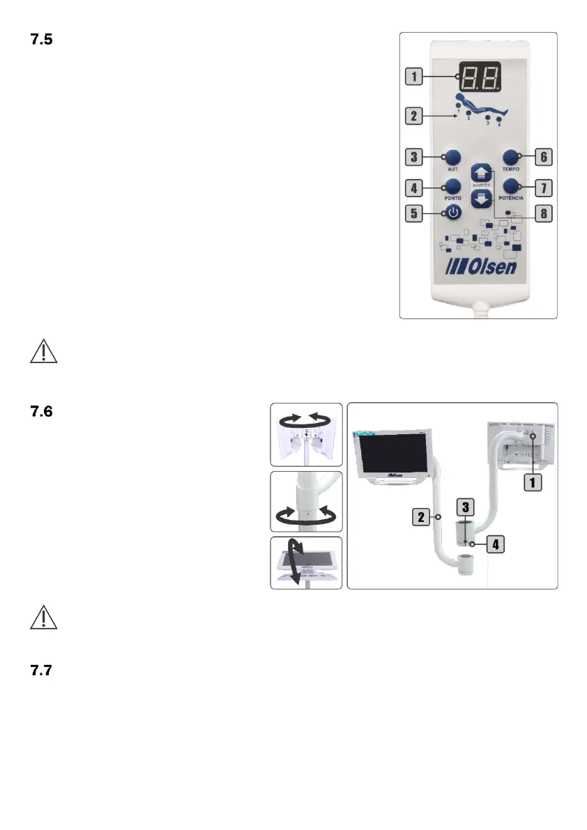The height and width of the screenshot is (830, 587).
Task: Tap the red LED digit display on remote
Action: point(479,81)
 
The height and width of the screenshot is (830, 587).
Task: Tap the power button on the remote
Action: point(453,213)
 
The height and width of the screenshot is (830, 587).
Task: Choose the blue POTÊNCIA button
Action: point(512,185)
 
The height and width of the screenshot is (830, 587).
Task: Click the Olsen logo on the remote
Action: point(480,266)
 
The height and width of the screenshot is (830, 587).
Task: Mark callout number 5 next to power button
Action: point(416,213)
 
